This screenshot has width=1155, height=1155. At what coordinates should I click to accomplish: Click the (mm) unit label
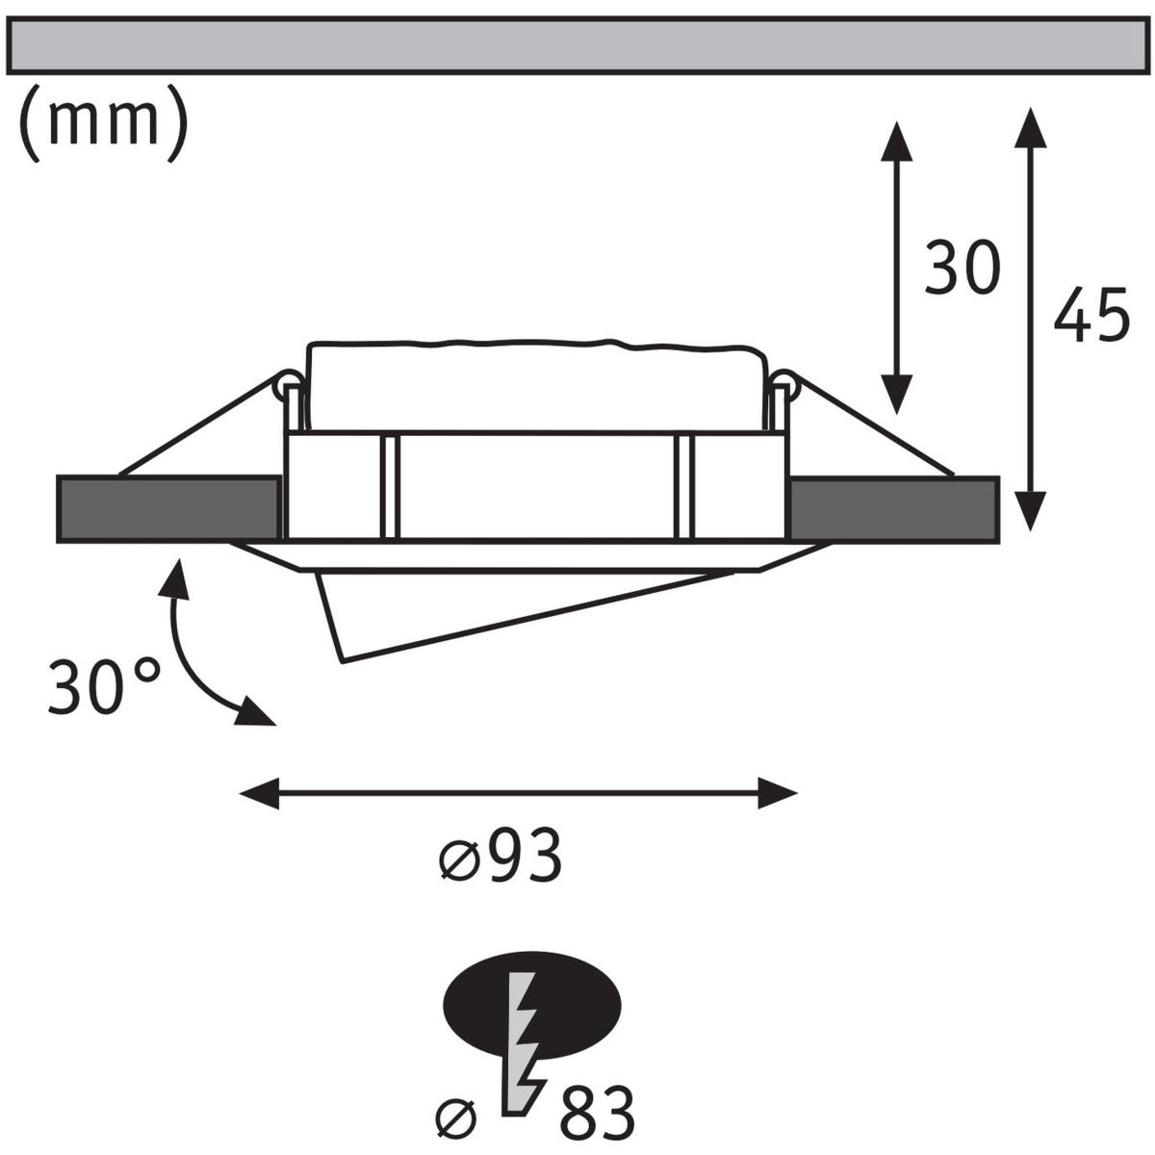[x=104, y=123]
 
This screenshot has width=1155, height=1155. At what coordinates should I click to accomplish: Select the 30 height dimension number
[x=962, y=268]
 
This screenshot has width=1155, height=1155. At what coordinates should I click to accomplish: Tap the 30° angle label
[x=104, y=687]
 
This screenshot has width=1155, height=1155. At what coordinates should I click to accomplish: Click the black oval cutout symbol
[x=531, y=1007]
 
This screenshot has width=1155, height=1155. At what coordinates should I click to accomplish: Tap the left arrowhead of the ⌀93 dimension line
[x=259, y=793]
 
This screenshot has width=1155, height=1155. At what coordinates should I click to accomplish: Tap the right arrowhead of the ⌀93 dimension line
[x=778, y=793]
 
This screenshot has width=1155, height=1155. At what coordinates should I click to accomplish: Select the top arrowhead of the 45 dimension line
[x=1030, y=127]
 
